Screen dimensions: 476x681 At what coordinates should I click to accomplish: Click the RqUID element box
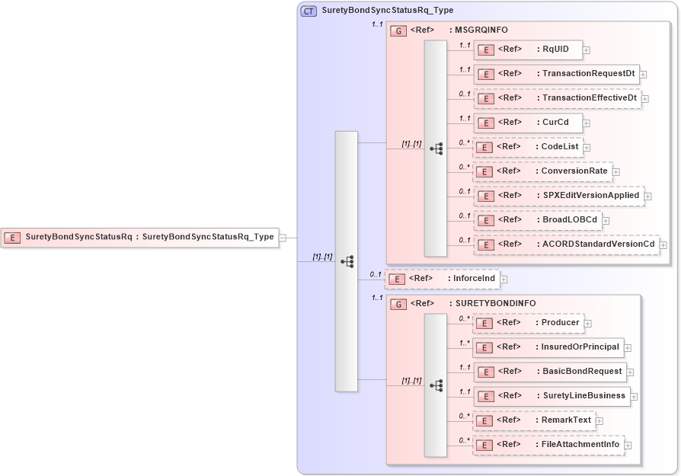point(527,50)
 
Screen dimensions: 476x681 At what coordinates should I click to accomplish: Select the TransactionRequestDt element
point(556,74)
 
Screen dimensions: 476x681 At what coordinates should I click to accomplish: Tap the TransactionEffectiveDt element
point(557,98)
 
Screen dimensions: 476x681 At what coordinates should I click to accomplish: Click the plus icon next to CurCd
point(586,123)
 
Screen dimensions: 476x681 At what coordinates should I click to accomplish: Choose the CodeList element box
point(527,147)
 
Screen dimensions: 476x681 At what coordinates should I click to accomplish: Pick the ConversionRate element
point(542,171)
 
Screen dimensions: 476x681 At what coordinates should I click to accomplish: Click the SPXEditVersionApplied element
point(558,196)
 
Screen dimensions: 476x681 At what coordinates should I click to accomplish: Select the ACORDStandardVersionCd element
point(566,244)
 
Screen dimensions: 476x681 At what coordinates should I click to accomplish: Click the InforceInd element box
point(442,279)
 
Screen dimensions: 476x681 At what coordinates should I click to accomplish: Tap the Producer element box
point(528,323)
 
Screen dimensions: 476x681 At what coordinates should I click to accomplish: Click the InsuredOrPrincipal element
point(548,347)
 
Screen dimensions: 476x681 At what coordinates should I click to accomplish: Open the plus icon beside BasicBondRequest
point(630,372)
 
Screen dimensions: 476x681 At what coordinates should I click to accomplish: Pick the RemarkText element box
point(533,420)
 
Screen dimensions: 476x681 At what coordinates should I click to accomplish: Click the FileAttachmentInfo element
point(548,444)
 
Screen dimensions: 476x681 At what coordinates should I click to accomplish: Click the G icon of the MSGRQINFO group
point(398,30)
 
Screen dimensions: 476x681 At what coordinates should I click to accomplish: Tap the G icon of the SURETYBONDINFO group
point(398,304)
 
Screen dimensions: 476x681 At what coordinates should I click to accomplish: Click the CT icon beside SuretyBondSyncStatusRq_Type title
point(309,11)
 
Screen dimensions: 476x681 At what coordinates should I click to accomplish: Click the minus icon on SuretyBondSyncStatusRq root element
point(282,238)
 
